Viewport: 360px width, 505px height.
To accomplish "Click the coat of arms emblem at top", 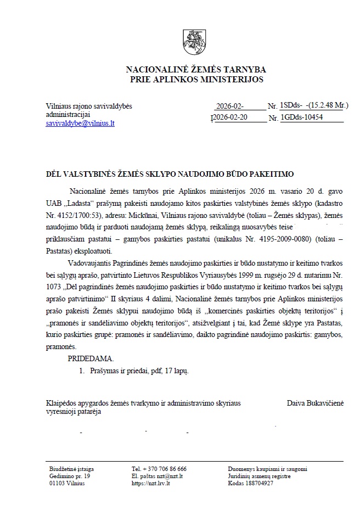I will point(195,41).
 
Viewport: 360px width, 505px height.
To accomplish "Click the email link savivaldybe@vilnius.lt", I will point(80,124).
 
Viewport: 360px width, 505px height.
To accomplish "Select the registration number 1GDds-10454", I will point(301,117).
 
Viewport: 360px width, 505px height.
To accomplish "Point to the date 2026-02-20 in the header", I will point(229,117).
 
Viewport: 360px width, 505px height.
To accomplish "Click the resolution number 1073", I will point(56,287).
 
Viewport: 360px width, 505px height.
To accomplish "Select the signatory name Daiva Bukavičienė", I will point(315,403).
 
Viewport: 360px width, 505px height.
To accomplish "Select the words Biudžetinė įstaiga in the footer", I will point(71,469).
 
